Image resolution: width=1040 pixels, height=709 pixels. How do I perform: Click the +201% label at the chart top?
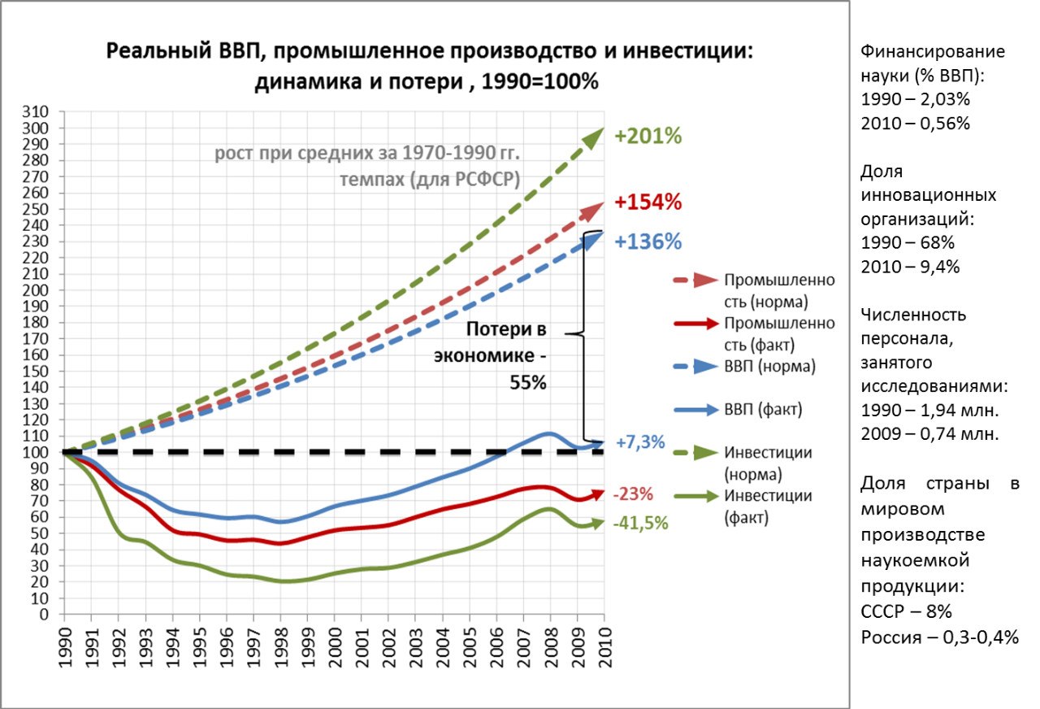[648, 136]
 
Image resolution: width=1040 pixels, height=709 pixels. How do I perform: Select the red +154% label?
[648, 202]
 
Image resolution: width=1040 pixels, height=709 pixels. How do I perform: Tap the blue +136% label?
[648, 241]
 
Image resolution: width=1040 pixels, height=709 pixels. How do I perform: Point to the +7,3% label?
[639, 443]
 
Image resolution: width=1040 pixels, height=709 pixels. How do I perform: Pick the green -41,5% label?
[640, 524]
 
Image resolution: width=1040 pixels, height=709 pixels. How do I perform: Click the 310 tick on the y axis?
[37, 112]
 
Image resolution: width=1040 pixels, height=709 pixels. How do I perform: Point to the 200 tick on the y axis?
[37, 290]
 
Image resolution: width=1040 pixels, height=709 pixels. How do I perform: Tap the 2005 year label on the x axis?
[469, 647]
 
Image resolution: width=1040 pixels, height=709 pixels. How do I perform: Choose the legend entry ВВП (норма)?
[769, 366]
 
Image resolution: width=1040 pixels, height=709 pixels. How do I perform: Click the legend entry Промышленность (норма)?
[778, 290]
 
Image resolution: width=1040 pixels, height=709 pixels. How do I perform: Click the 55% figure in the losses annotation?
[528, 382]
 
